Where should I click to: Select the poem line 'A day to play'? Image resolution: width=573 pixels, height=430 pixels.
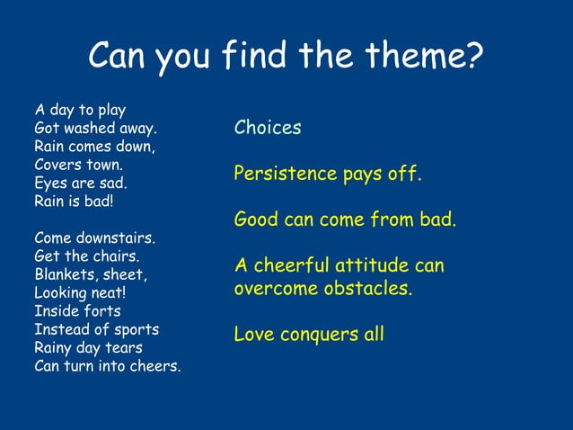point(80,111)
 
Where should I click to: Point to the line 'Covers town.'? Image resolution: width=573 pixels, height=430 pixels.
point(79,165)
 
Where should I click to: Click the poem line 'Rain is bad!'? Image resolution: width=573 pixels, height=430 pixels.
point(75,201)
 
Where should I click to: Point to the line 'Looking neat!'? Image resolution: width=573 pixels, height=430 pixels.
point(80,292)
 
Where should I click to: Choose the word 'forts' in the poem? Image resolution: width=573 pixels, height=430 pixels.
point(101,311)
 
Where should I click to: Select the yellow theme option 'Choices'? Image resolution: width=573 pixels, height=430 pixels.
point(268,128)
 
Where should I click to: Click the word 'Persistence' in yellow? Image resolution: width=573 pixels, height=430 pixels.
point(283,174)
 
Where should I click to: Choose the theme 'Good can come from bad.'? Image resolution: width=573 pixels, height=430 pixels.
point(345,219)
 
